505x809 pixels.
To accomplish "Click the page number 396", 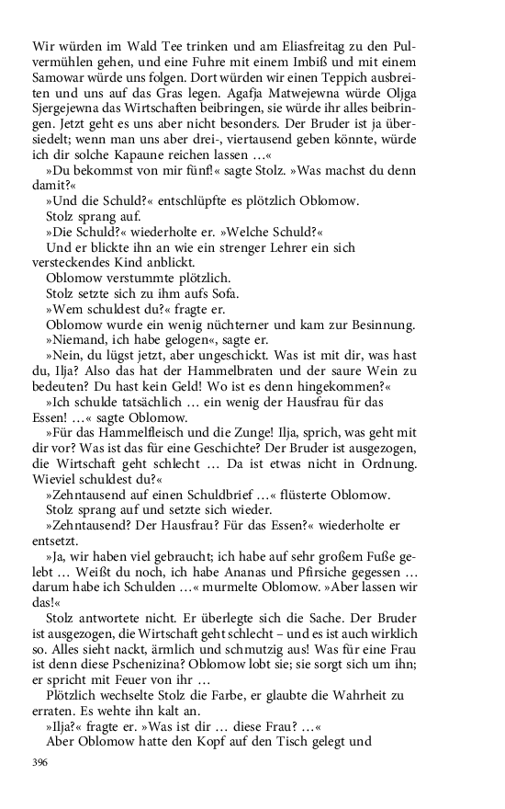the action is (39, 762).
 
